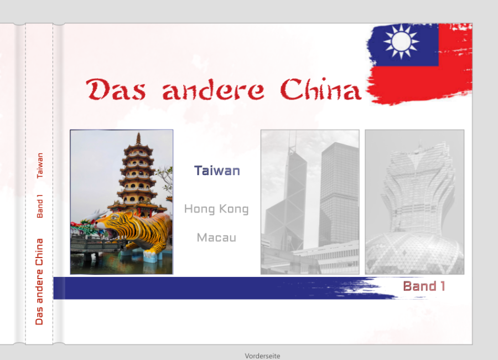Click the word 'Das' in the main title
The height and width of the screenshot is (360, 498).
click(116, 89)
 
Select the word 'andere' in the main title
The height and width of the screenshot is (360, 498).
click(213, 89)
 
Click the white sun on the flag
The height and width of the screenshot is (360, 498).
click(401, 42)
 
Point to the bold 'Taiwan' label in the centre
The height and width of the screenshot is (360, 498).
click(217, 171)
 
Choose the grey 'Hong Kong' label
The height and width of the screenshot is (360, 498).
click(216, 209)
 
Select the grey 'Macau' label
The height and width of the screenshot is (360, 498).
click(216, 238)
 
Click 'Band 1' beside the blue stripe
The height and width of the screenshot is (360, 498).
click(424, 286)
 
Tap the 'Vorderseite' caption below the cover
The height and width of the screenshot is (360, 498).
click(262, 356)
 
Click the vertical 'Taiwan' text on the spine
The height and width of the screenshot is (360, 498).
click(40, 166)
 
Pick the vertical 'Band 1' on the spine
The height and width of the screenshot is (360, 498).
click(40, 207)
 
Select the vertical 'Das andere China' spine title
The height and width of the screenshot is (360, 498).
click(39, 281)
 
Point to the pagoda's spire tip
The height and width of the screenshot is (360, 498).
click(138, 133)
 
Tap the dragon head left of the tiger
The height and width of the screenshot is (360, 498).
click(83, 228)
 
